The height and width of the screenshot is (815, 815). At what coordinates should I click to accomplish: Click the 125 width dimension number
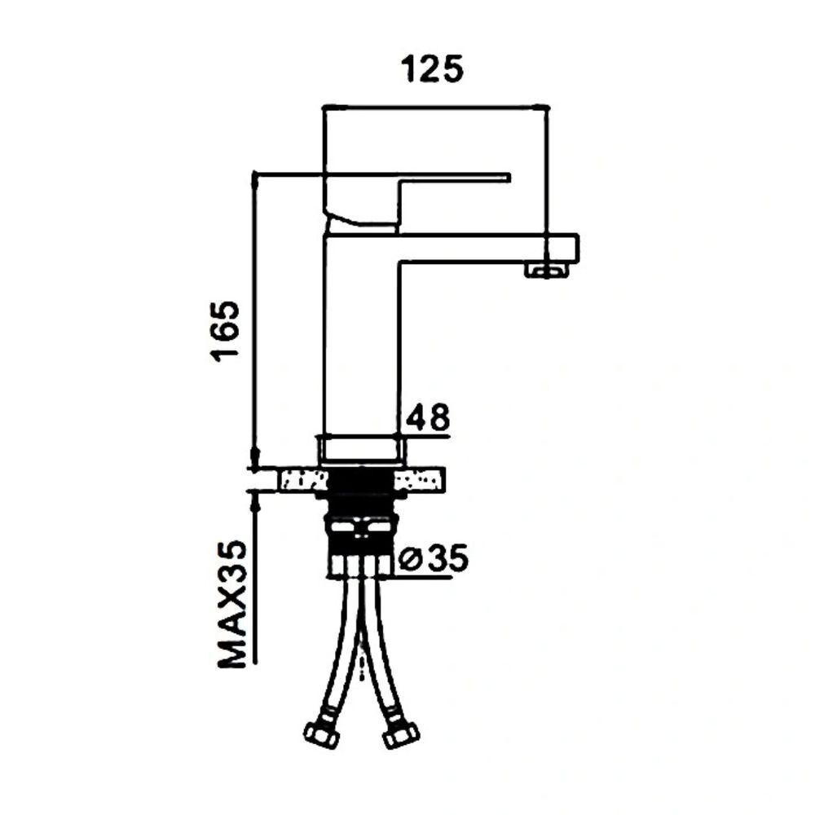[x=432, y=69]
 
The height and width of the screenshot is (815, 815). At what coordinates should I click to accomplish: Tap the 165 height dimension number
[x=225, y=331]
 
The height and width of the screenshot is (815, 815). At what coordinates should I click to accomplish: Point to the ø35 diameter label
[x=434, y=557]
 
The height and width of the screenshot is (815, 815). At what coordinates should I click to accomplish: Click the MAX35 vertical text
[x=231, y=604]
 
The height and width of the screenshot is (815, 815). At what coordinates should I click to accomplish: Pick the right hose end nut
[x=400, y=733]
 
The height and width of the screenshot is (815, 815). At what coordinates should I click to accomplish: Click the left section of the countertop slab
[x=303, y=479]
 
